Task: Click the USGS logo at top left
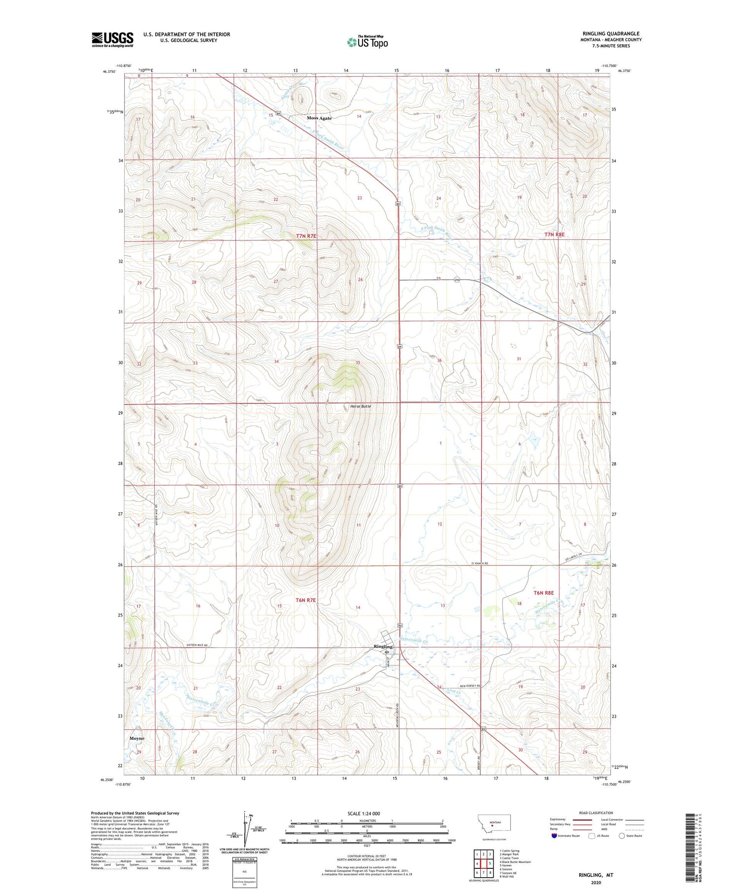pyautogui.click(x=112, y=39)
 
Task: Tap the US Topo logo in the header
pyautogui.click(x=368, y=42)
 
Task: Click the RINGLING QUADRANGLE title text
pyautogui.click(x=611, y=33)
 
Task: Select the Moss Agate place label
pyautogui.click(x=319, y=118)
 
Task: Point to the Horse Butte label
pyautogui.click(x=360, y=406)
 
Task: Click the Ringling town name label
pyautogui.click(x=383, y=647)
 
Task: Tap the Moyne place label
pyautogui.click(x=137, y=739)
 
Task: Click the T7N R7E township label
pyautogui.click(x=306, y=236)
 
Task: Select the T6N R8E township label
pyautogui.click(x=544, y=593)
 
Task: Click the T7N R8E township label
pyautogui.click(x=554, y=235)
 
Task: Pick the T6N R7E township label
pyautogui.click(x=305, y=600)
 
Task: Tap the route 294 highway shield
pyautogui.click(x=457, y=280)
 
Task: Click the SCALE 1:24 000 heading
pyautogui.click(x=364, y=813)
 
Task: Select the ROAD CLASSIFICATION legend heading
pyautogui.click(x=596, y=813)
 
